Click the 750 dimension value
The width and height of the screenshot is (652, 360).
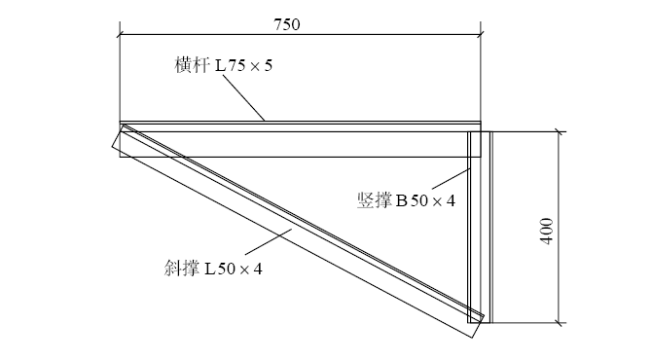[x=300, y=24]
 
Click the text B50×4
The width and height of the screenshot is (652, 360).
[x=426, y=199]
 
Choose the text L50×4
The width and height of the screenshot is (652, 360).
[x=234, y=268]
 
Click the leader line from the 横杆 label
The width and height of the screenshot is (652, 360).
[x=243, y=97]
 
